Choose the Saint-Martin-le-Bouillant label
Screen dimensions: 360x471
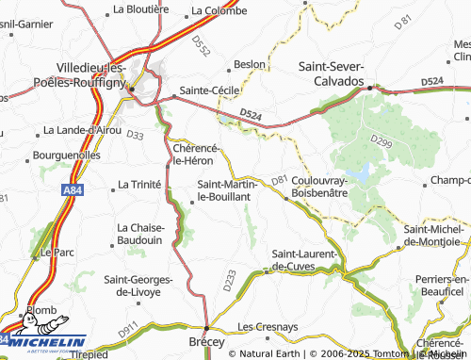pos(222,191)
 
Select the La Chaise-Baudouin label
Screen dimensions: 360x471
pos(141,234)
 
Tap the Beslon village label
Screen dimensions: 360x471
pos(250,64)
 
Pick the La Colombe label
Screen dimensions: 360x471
pos(219,11)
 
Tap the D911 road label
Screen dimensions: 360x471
pos(128,331)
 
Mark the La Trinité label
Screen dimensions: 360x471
pos(138,185)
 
